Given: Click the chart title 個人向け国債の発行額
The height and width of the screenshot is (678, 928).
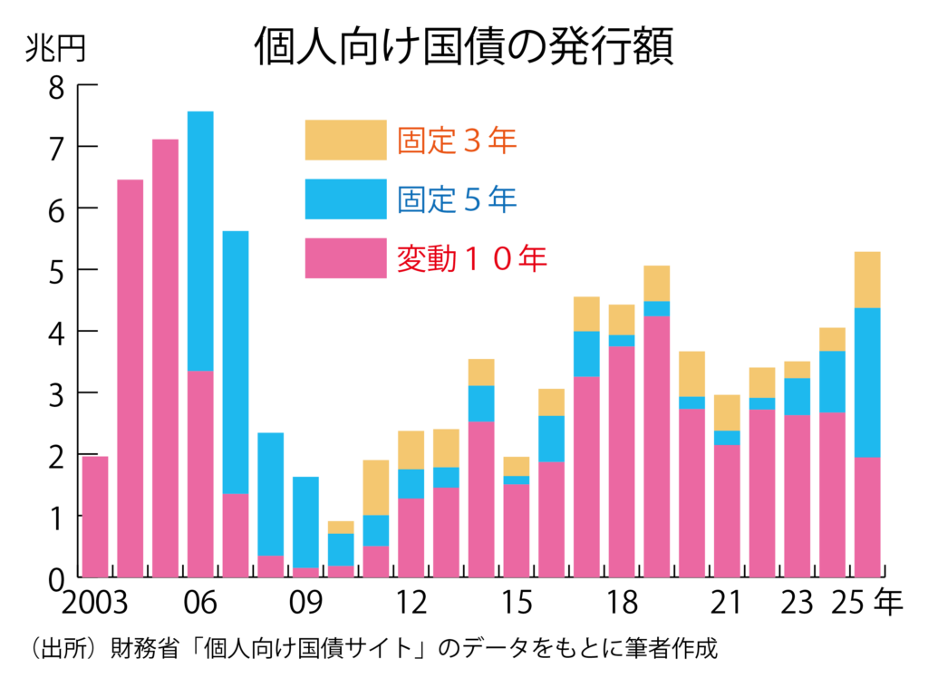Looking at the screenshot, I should coord(463,47).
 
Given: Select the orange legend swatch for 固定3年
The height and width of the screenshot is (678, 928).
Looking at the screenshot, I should coord(345,140).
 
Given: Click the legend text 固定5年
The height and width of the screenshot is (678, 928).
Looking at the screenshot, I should coord(457,199).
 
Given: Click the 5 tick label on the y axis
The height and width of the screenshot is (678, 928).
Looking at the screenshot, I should coord(56,270).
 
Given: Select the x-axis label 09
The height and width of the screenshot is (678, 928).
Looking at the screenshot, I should coord(305,603).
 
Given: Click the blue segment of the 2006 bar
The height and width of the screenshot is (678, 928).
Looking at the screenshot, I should coord(200,240).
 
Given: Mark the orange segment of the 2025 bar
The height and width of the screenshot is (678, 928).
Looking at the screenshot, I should coord(867,279).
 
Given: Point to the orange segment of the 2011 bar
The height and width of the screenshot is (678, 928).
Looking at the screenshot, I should coord(376,488).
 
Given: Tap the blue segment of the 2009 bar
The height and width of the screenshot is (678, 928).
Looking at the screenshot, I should coord(305,521).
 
